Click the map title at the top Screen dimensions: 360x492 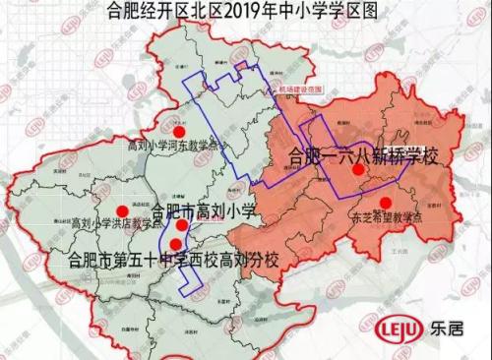[x=245, y=12]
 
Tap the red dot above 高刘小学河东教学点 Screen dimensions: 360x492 [x=177, y=130]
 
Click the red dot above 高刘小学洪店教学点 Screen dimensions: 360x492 [x=123, y=210]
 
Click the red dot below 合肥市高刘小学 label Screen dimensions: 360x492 [x=182, y=225]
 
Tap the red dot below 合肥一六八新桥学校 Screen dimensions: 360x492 [x=358, y=171]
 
